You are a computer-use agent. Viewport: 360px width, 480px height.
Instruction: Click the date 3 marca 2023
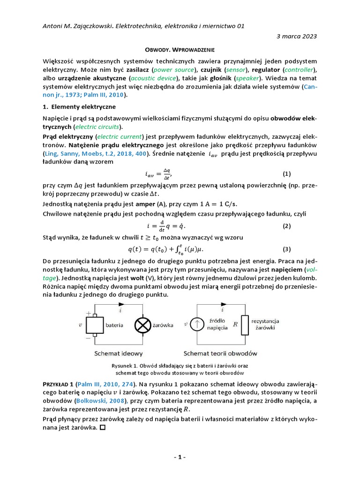point(297,36)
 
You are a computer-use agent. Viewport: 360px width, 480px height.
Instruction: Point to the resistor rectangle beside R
point(245,324)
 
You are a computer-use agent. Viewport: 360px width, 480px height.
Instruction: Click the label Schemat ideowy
point(119,353)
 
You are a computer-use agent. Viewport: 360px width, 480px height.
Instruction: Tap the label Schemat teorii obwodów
point(220,353)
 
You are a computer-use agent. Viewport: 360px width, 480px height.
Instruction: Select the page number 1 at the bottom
point(180,457)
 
